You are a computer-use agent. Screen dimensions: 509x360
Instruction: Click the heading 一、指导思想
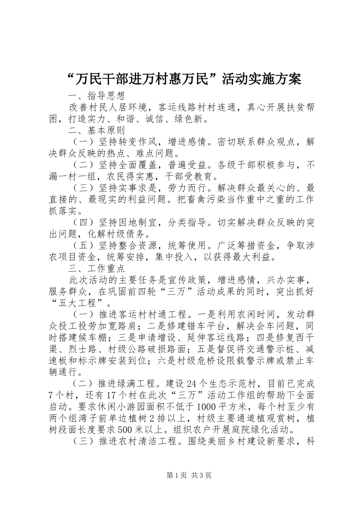(96, 95)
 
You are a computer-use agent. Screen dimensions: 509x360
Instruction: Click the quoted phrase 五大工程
(82, 303)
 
